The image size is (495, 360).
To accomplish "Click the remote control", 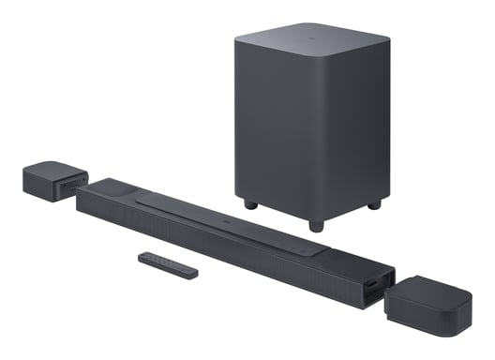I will [168, 264].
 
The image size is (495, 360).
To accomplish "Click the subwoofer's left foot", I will [248, 202].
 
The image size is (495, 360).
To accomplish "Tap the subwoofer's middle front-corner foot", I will [314, 225].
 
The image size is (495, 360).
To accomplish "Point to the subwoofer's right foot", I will [373, 203].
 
